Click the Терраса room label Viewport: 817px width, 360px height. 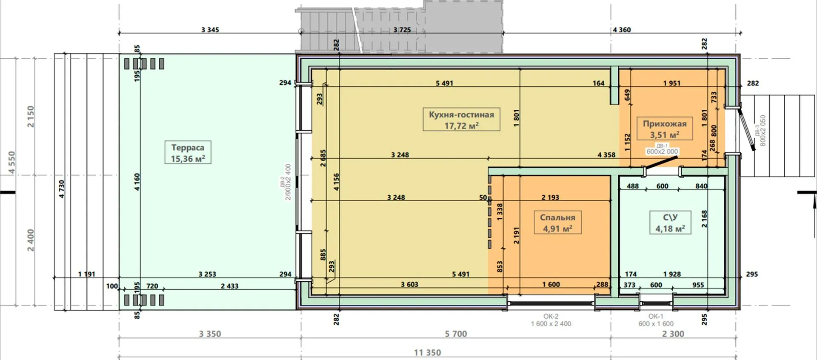188,148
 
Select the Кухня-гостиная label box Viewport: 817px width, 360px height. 461,120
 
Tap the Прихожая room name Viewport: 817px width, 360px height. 665,124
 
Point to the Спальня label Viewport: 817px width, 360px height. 557,217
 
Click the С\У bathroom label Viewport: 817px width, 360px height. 670,217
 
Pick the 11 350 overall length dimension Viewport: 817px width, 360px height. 428,352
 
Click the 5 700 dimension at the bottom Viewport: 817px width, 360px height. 456,334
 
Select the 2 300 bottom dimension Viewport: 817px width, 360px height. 673,334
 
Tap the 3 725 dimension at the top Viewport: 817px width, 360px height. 402,30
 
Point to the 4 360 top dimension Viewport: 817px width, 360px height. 622,30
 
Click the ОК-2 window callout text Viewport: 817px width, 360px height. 551,317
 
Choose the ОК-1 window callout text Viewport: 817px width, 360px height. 656,317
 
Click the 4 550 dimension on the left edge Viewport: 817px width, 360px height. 11,163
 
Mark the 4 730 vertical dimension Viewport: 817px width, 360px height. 62,189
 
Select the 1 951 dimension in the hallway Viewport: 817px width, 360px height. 672,83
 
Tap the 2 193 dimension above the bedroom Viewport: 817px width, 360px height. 550,197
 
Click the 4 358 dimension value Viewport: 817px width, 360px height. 606,155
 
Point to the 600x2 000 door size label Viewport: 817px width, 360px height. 662,151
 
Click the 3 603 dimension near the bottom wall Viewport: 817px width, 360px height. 409,284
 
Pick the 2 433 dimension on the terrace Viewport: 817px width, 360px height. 229,286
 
